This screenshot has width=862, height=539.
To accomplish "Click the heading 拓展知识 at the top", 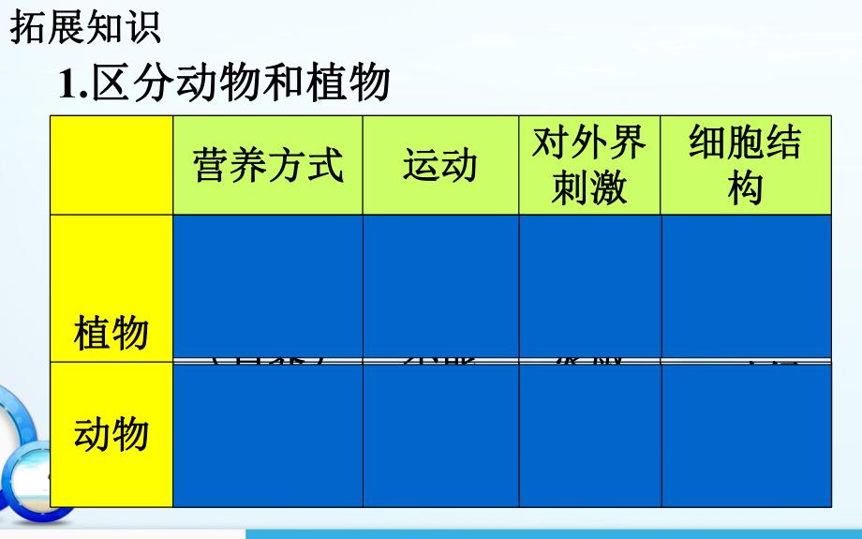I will point(85,26).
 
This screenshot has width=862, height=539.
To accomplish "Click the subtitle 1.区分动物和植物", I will point(225,82).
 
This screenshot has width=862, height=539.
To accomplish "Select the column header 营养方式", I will point(268,165).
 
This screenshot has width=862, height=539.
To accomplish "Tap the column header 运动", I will point(440,165).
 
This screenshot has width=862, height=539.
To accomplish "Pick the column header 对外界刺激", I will point(589,165).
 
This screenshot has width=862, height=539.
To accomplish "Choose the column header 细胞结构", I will point(746,165).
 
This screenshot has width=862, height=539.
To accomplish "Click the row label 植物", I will point(111,333).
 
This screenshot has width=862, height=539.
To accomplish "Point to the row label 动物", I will point(111,434).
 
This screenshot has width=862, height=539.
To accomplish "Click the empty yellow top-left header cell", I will point(111,165).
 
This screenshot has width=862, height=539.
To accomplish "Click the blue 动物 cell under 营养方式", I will point(268,434).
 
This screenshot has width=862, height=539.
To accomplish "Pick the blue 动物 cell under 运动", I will point(440,434).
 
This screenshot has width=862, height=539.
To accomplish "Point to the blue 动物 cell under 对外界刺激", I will point(589,434).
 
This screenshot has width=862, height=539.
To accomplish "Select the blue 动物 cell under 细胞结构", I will point(746,434).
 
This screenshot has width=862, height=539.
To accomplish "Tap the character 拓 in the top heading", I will point(28,26).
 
